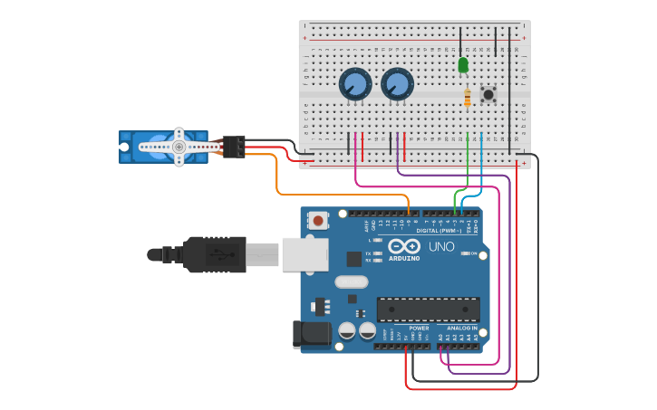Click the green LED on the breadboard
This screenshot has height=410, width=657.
click(463, 65)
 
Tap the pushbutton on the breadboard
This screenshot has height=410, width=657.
click(488, 94)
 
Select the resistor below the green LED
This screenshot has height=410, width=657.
click(467, 98)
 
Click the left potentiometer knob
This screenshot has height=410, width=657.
click(355, 85)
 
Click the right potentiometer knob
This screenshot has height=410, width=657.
click(397, 84)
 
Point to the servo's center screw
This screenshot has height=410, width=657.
click(179, 147)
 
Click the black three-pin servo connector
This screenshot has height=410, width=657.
click(233, 147)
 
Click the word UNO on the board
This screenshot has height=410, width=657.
click(441, 246)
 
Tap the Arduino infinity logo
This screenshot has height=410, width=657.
click(404, 246)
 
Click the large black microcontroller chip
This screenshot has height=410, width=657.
click(428, 309)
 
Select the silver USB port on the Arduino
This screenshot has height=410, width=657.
click(304, 254)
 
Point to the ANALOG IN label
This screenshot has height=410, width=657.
click(461, 328)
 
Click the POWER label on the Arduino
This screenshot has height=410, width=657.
click(419, 328)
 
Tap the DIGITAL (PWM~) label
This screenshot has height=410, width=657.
click(439, 231)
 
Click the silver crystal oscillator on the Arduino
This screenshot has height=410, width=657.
click(351, 281)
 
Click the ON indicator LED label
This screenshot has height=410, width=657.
click(473, 253)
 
